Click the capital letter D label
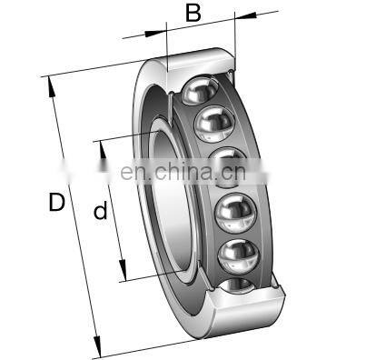point(56,202)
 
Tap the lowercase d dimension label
point(100,211)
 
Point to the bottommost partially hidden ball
point(238,285)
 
